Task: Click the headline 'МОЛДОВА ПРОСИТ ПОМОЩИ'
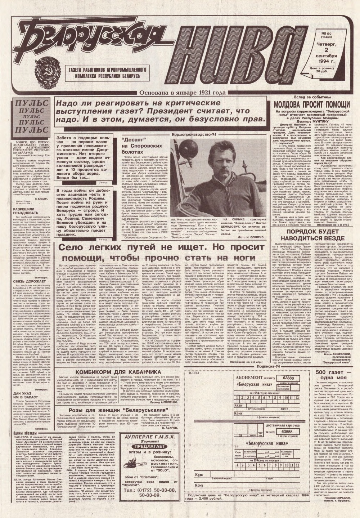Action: pos(312,105)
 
